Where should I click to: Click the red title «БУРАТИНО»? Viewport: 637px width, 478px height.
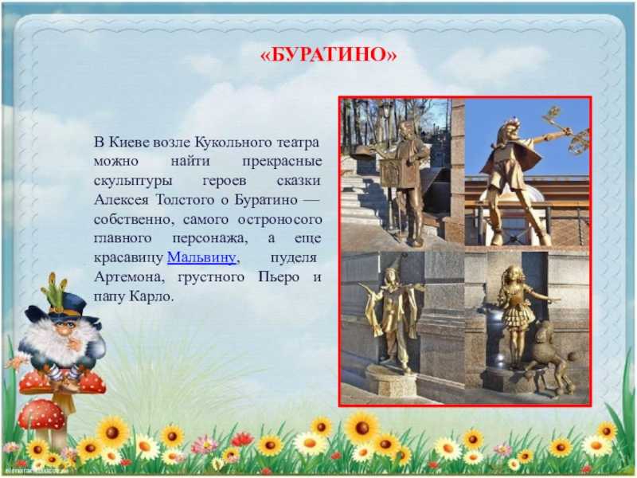328,54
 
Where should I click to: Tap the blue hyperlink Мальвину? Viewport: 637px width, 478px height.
201,257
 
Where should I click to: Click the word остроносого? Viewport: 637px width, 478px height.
280,220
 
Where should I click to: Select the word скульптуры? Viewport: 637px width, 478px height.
133,181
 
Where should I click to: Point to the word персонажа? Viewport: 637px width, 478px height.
209,238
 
